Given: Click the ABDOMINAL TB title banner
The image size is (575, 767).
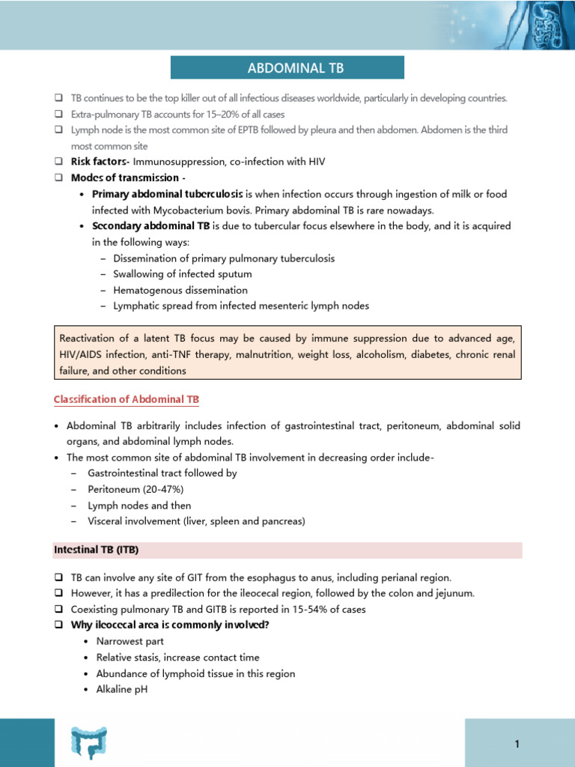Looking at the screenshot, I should coord(287,68).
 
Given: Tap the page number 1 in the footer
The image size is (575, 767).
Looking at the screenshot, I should coord(517,744).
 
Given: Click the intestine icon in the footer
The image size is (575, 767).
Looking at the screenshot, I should coord(89,742).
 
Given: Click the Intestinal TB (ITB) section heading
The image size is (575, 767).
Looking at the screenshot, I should coord(97,550).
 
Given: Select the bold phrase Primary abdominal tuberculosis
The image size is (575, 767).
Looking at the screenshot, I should coord(168,194).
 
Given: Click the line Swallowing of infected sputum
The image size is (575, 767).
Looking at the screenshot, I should coord(182,274).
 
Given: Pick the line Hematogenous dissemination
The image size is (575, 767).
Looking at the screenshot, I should coord(180,290).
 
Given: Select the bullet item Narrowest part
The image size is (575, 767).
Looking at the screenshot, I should coord(130,641).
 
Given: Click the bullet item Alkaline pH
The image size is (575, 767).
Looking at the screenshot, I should coord(121,689).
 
